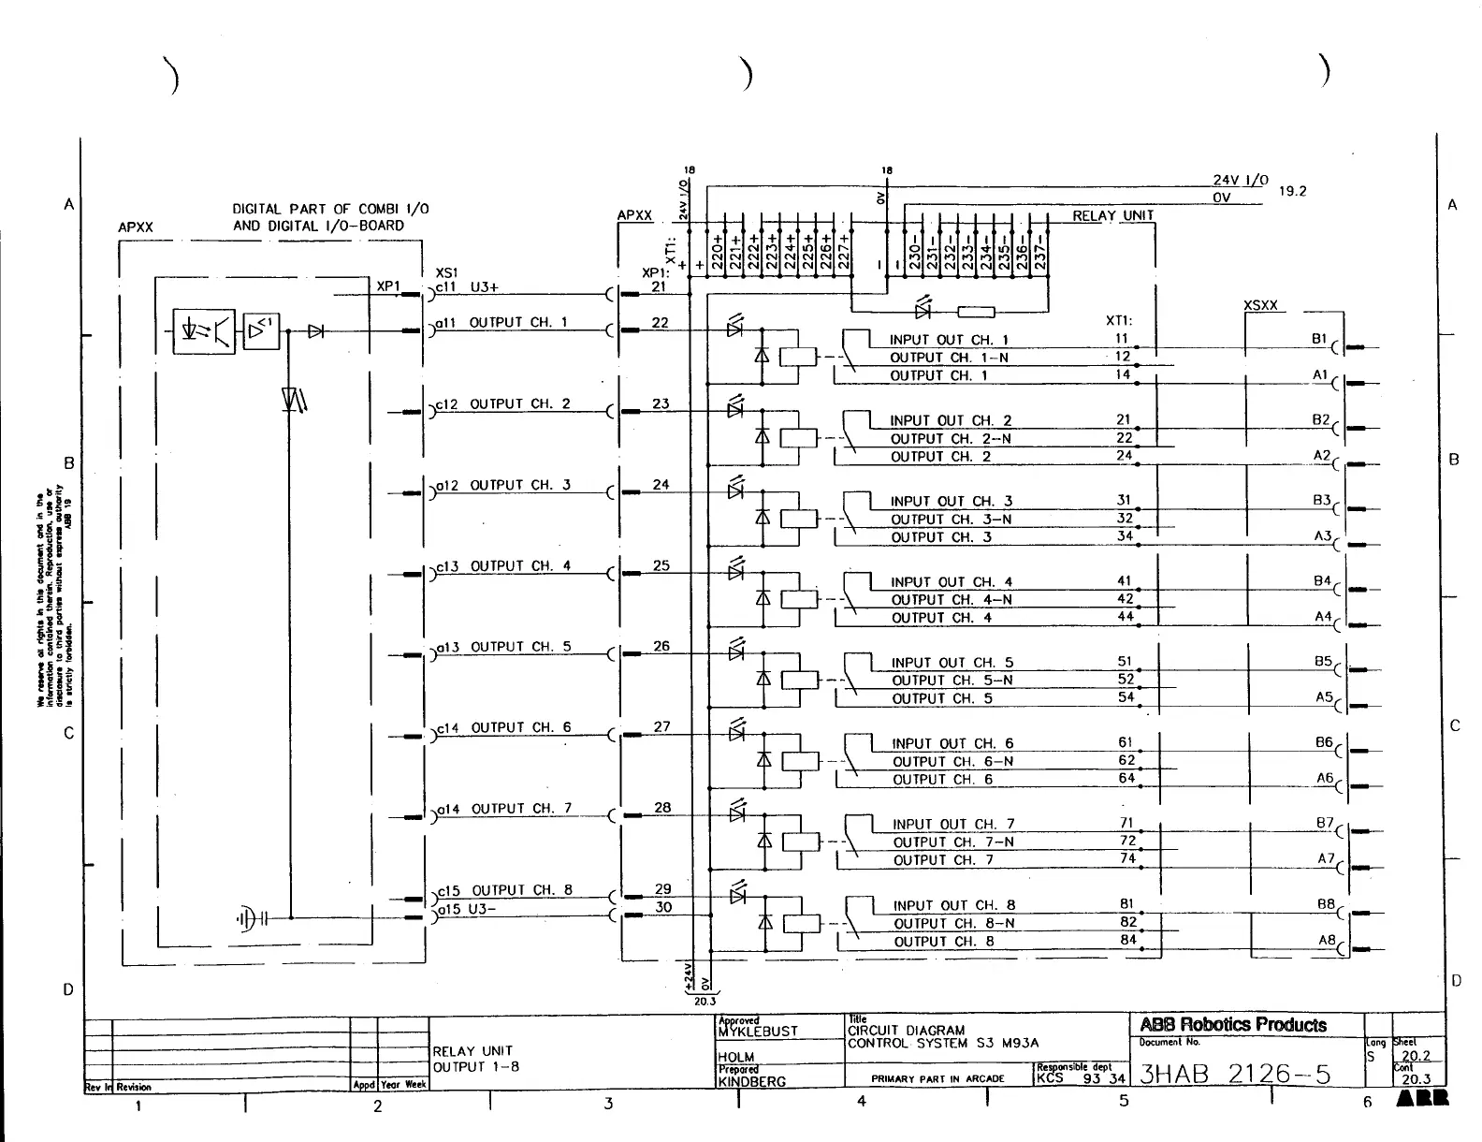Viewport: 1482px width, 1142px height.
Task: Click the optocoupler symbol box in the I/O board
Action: tap(204, 330)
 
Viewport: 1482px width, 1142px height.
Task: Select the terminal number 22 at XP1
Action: tap(661, 323)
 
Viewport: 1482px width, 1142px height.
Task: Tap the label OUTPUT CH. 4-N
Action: tap(952, 600)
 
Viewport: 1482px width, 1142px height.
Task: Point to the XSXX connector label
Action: tap(1260, 306)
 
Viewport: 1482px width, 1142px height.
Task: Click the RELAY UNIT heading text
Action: tap(1112, 216)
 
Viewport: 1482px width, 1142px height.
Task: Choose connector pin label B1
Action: tap(1319, 339)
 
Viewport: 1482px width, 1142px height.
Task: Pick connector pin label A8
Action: tap(1327, 940)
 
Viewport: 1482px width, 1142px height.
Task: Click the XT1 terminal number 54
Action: tap(1126, 697)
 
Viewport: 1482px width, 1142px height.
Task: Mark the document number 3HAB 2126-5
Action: tap(1235, 1074)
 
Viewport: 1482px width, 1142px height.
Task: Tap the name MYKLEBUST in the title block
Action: tap(758, 1032)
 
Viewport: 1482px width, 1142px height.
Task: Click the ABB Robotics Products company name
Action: tap(1233, 1025)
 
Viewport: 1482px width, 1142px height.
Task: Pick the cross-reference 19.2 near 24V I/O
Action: tap(1292, 191)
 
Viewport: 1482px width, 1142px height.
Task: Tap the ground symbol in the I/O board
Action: tap(247, 918)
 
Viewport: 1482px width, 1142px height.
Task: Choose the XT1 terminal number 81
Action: tap(1126, 904)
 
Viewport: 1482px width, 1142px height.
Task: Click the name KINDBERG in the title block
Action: tap(752, 1082)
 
